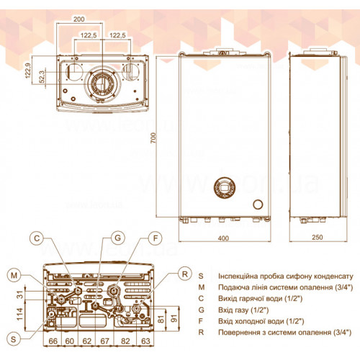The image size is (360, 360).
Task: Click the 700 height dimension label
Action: (x=153, y=138)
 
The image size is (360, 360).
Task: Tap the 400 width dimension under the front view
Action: (x=223, y=238)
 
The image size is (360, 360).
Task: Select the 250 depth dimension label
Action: (x=318, y=237)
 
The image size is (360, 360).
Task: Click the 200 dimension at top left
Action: (x=79, y=19)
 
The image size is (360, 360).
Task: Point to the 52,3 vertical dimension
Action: (x=42, y=76)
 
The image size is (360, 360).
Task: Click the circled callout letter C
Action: (x=37, y=238)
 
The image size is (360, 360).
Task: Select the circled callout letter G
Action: (x=117, y=238)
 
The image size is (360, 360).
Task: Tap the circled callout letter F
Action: (x=156, y=238)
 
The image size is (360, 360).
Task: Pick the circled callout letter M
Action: (x=14, y=275)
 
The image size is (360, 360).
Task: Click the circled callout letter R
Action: (x=185, y=274)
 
